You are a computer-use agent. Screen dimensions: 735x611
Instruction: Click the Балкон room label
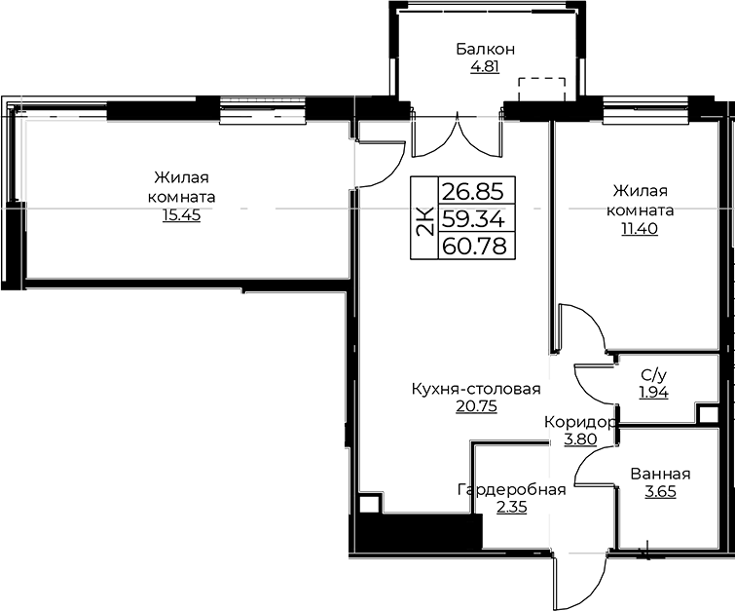(485, 49)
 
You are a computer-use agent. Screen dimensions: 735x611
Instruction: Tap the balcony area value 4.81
(485, 67)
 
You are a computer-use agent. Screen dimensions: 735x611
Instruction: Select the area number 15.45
(181, 215)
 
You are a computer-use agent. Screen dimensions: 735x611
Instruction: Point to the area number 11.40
(640, 229)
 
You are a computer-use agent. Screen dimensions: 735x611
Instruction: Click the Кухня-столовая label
(476, 389)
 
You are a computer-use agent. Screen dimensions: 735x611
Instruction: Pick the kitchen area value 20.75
(476, 406)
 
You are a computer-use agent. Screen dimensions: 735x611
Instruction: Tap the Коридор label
(580, 423)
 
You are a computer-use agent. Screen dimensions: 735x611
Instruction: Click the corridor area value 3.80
(580, 439)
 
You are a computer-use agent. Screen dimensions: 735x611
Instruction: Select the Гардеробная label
(511, 490)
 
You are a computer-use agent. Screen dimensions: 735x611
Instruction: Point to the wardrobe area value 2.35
(511, 508)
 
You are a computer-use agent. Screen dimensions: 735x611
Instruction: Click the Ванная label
(660, 474)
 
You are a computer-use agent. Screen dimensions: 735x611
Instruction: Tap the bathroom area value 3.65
(660, 492)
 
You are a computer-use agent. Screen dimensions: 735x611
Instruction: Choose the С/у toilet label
(654, 374)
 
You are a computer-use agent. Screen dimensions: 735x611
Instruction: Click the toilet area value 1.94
(654, 392)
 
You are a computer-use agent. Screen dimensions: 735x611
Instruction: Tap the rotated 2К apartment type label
(424, 222)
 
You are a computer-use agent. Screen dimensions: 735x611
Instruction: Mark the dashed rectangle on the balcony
(541, 89)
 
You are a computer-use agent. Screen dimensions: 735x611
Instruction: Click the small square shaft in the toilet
(707, 415)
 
